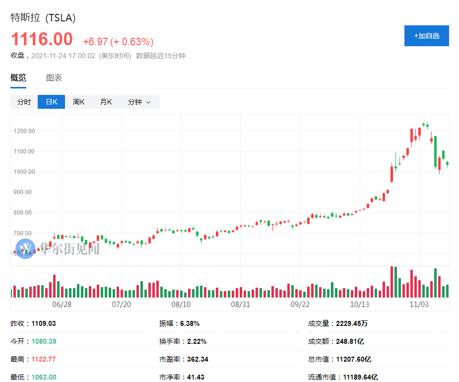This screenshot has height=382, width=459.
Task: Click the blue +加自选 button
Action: (426, 36)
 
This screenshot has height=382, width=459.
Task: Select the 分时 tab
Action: (24, 102)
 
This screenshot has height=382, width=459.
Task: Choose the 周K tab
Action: (79, 102)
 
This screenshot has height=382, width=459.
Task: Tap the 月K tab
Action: (106, 102)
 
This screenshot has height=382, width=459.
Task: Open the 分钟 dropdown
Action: (138, 102)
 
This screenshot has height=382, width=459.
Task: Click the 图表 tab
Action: (54, 78)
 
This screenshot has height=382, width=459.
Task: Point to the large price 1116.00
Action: (42, 39)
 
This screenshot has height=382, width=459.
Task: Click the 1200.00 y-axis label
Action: (25, 131)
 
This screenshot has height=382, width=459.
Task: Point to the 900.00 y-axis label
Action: (24, 192)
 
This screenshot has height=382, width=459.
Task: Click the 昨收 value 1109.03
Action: (44, 323)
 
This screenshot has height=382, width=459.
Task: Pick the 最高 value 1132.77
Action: (44, 359)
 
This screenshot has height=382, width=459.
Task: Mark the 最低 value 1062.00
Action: (44, 377)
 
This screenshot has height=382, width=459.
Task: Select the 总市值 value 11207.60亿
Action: (353, 359)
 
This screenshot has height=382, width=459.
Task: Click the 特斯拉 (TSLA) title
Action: (43, 18)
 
